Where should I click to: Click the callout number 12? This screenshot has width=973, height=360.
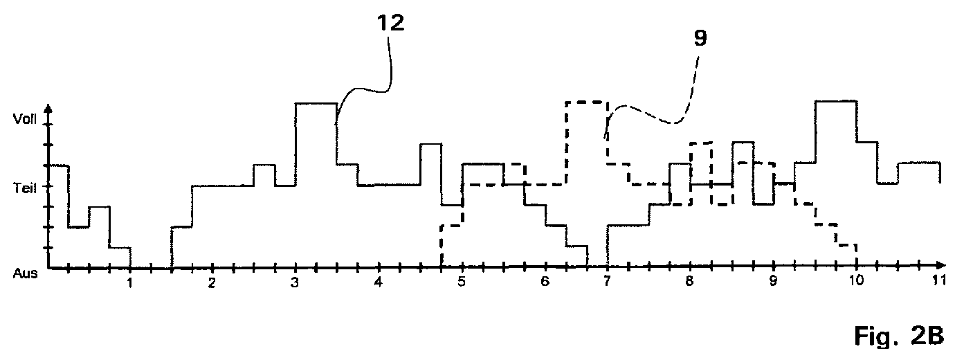[x=390, y=23]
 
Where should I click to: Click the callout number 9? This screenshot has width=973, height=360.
[x=700, y=38]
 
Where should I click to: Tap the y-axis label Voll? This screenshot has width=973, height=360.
[x=25, y=119]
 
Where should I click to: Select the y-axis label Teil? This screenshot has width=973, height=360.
[x=25, y=188]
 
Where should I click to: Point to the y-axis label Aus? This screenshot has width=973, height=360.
[x=25, y=273]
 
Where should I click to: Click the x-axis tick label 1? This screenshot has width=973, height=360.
[x=129, y=283]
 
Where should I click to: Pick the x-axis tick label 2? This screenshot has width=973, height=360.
[x=212, y=283]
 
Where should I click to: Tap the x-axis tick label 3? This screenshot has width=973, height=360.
[x=295, y=283]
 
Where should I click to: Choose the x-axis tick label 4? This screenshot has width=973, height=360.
[x=379, y=282]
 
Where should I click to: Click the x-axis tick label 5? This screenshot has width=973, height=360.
[x=462, y=281]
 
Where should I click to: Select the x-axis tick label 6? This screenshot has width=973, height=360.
[x=545, y=281]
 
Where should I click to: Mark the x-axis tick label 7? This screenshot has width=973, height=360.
[x=607, y=281]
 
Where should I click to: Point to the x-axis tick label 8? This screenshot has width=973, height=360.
[x=689, y=281]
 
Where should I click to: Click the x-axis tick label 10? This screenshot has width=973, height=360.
[x=856, y=280]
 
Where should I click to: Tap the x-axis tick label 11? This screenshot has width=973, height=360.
[x=939, y=280]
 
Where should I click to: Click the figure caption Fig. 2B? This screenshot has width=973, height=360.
[x=899, y=336]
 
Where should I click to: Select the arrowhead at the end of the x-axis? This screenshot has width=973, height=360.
[x=941, y=264]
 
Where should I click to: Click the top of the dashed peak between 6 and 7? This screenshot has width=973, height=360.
[x=586, y=102]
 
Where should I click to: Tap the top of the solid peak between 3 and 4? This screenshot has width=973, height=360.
[x=316, y=103]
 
